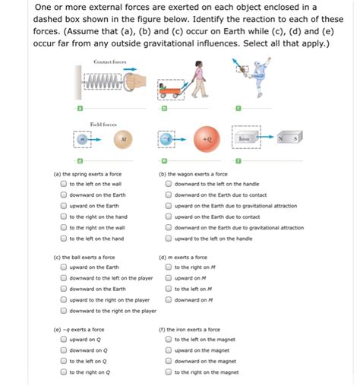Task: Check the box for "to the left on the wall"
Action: [x=64, y=184]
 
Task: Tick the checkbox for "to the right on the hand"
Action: [x=64, y=217]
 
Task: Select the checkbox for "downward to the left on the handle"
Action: [x=169, y=184]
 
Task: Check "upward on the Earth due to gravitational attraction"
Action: [x=169, y=206]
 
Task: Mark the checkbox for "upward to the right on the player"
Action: [x=64, y=300]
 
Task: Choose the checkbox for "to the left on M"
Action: [x=169, y=289]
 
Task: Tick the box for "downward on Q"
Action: [x=64, y=350]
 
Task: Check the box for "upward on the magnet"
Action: [x=169, y=350]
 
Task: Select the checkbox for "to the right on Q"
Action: [x=64, y=372]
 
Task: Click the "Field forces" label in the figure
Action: [x=103, y=122]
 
